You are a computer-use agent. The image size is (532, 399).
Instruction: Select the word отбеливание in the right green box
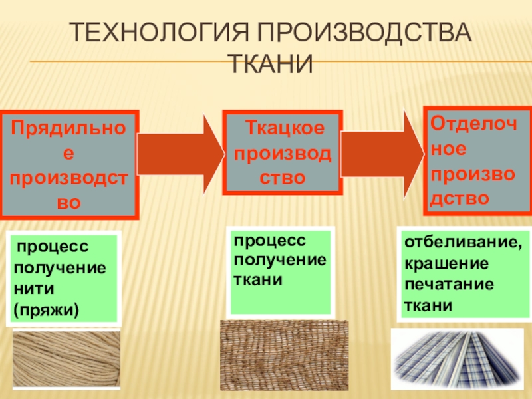(x=462, y=244)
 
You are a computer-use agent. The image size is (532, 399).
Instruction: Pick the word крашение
(x=446, y=263)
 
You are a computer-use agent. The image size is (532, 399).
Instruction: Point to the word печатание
(x=449, y=284)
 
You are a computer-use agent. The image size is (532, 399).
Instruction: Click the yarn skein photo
(x=66, y=359)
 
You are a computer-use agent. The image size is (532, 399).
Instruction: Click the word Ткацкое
(x=285, y=126)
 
